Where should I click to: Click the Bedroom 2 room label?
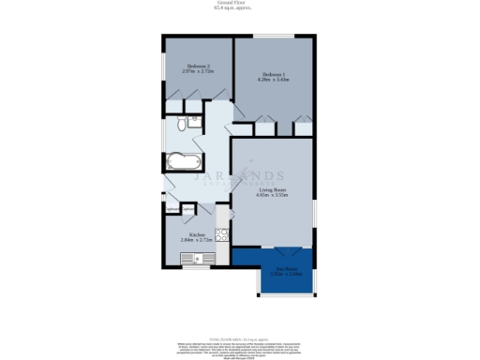point(196,66)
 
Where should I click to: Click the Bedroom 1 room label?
point(273,74)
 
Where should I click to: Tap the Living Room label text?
point(273,190)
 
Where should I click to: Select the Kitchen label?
point(197,234)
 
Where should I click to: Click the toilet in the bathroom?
point(179,125)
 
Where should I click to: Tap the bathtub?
point(179,161)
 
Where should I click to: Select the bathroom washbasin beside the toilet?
point(193,120)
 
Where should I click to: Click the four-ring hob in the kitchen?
point(222,234)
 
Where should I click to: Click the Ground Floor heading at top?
point(238,3)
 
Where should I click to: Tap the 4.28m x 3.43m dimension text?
point(273,80)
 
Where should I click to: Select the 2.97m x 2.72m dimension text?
point(196,71)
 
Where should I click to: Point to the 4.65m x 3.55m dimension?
point(273,196)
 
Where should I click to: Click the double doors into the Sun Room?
point(285,249)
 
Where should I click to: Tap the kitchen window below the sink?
point(197,267)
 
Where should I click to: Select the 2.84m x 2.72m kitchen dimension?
point(197,240)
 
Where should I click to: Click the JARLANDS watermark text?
point(240,175)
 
